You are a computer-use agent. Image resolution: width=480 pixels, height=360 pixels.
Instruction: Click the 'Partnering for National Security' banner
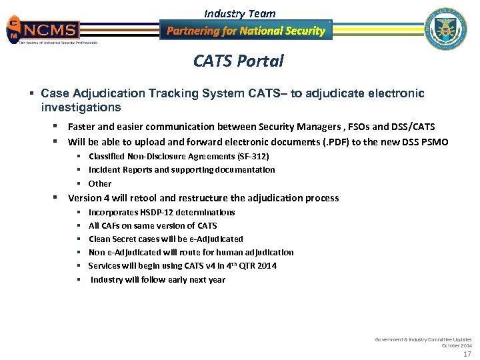pyautogui.click(x=245, y=31)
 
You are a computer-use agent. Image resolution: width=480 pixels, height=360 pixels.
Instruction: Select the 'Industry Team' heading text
pyautogui.click(x=239, y=13)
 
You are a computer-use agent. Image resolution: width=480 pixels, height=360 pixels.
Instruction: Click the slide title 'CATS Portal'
pyautogui.click(x=238, y=61)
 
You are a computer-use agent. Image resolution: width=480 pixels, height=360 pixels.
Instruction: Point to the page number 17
pyautogui.click(x=467, y=354)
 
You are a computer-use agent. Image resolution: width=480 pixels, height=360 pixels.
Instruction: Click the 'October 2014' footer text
pyautogui.click(x=457, y=345)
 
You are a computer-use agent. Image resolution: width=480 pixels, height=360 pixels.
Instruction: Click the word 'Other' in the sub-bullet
pyautogui.click(x=100, y=183)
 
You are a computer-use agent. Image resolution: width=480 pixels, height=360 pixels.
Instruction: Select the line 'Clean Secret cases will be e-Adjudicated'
pyautogui.click(x=165, y=239)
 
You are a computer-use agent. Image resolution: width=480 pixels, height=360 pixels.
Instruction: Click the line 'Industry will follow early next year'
pyautogui.click(x=158, y=279)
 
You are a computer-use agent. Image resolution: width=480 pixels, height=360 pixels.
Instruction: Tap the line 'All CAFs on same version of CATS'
pyautogui.click(x=153, y=225)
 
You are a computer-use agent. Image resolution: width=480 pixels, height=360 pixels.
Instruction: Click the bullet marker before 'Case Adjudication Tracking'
pyautogui.click(x=32, y=93)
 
